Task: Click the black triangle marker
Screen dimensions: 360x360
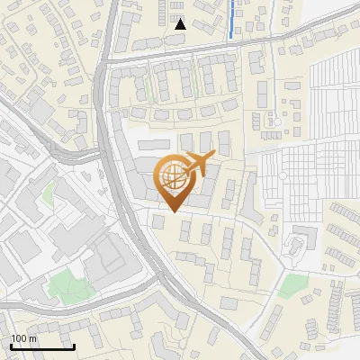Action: coord(180,24)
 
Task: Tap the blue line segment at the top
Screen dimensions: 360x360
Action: coord(232,20)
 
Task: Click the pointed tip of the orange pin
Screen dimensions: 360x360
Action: coord(174,211)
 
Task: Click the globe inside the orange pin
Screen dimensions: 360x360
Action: coord(174,179)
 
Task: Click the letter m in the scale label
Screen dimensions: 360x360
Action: coord(33,338)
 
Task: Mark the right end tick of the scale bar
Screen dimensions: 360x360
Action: coord(74,346)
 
